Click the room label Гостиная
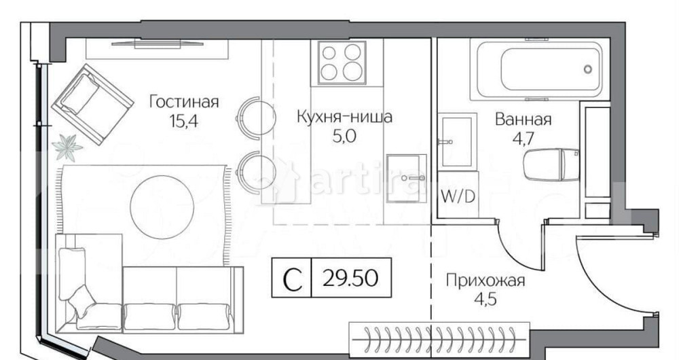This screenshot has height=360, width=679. point(184,103)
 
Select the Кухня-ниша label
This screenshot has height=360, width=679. point(344,117)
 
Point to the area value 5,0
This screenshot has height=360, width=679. point(344,135)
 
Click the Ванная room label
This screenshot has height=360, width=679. point(523,120)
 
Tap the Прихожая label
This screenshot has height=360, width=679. point(485,280)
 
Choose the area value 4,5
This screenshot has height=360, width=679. point(485,299)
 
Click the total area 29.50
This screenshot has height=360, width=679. point(351,278)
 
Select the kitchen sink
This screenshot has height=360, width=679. point(406,178)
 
